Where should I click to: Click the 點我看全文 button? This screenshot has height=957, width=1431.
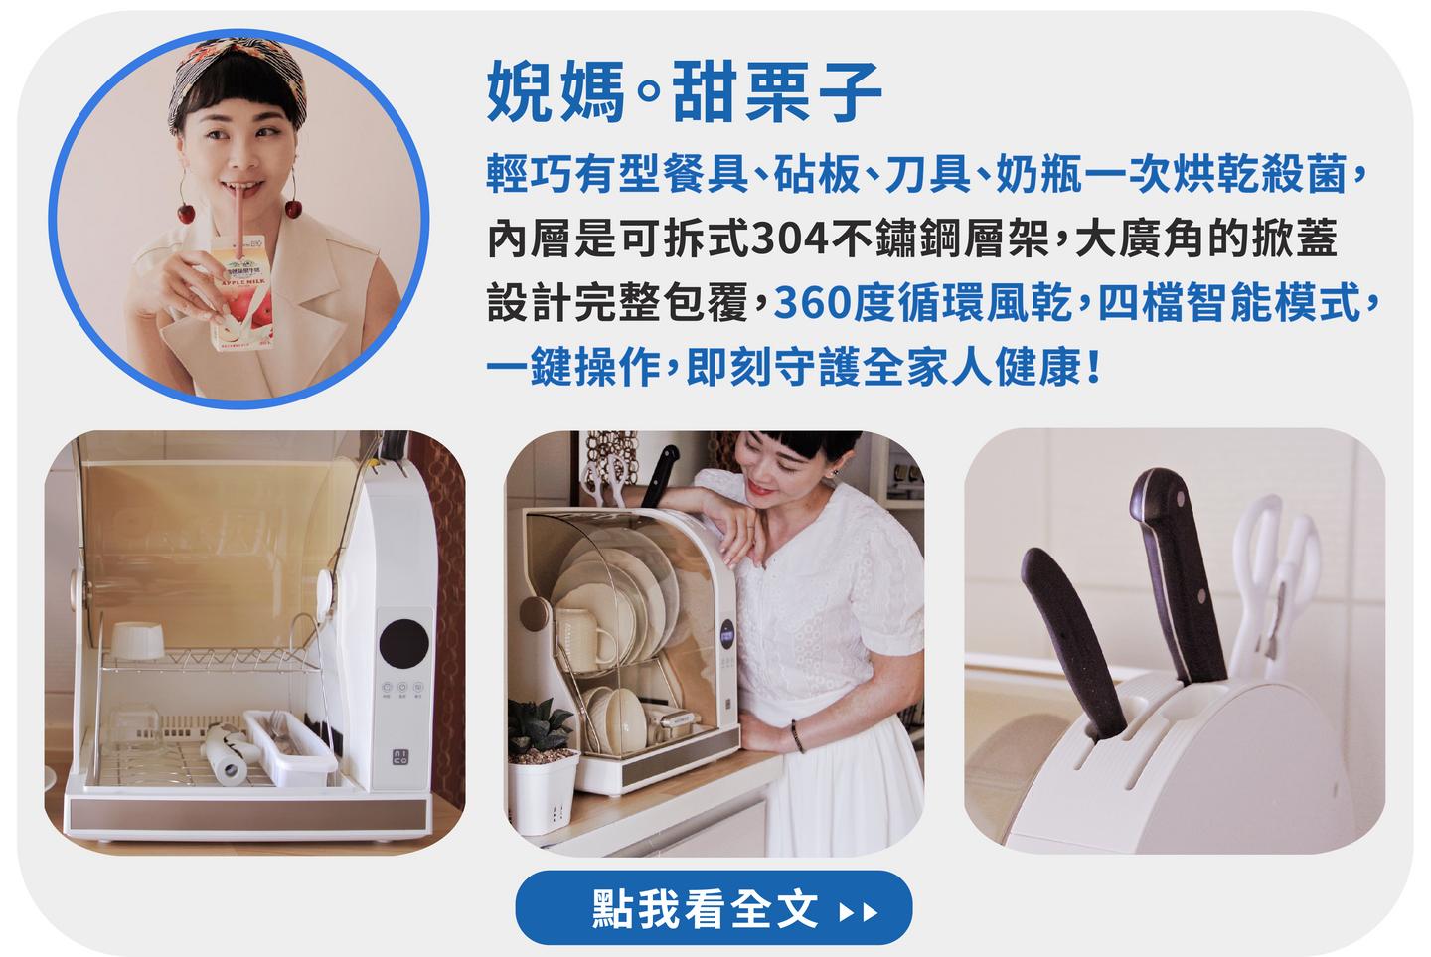pos(714,908)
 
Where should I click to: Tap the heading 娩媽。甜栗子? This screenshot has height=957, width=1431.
pos(684,92)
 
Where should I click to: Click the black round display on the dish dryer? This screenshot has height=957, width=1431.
pos(403,643)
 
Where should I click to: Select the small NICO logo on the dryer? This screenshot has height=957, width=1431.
pos(399,758)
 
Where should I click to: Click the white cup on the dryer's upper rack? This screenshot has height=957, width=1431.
pos(137,640)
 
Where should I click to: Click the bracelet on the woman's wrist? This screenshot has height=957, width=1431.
pos(797,737)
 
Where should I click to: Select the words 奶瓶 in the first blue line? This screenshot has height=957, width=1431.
pos(1038,174)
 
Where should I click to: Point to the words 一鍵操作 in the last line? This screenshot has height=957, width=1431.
pos(573,367)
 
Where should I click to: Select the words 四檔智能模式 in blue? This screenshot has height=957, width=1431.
pos(1228,303)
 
